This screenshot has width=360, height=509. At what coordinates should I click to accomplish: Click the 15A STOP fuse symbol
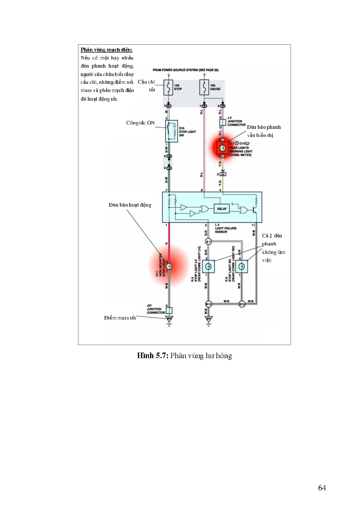tap(168, 87)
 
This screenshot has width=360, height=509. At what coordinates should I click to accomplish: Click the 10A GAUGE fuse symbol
tap(204, 87)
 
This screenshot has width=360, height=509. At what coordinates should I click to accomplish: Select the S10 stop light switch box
tap(172, 131)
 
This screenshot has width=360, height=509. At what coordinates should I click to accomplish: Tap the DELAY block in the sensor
tap(222, 209)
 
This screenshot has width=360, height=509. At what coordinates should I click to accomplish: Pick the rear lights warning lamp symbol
tap(223, 148)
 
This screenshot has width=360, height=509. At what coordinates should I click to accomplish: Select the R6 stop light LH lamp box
tap(208, 266)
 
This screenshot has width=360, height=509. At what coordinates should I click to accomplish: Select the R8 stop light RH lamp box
tap(242, 266)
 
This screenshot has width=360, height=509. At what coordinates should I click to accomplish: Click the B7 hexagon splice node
tap(208, 241)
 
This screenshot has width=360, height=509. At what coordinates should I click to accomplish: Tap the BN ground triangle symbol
tap(169, 319)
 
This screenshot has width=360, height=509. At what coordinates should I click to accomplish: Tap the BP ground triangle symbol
tap(208, 319)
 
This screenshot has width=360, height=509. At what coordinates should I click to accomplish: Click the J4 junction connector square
tap(222, 122)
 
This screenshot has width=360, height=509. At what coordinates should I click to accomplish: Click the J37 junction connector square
tap(169, 311)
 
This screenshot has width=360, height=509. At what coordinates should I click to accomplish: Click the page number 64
tap(322, 488)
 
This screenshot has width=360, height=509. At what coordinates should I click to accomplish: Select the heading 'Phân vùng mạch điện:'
tap(107, 50)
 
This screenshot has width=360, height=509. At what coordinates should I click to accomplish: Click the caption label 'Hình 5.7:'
tap(153, 356)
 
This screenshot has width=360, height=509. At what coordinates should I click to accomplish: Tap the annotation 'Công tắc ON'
tap(140, 123)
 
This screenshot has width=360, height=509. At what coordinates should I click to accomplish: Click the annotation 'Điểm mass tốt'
tap(120, 318)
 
